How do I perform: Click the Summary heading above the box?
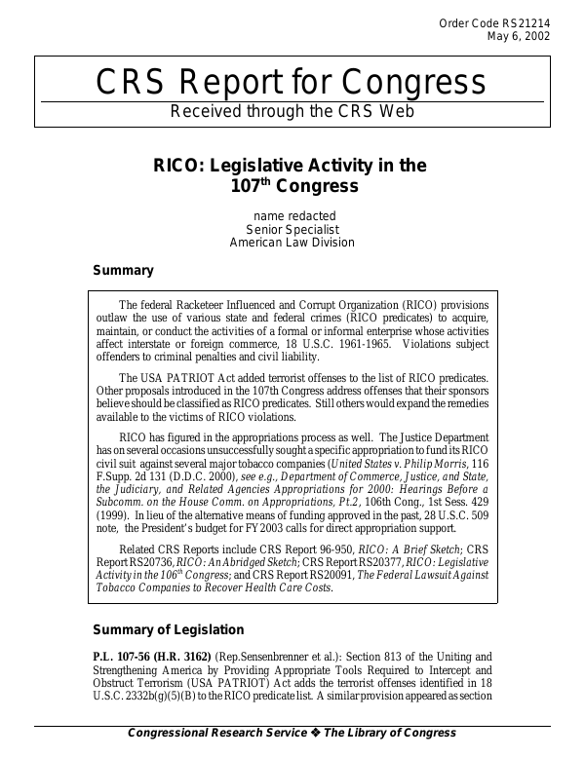pos(123,270)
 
